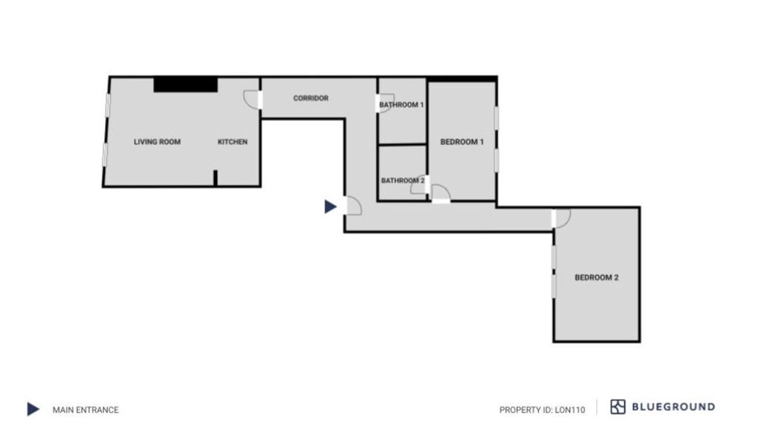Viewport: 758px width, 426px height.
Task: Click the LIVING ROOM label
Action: pos(157,142)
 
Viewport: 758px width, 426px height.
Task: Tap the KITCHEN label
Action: pos(232,142)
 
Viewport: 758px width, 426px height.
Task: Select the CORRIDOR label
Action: pos(311,98)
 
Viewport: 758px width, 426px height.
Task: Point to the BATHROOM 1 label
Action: pos(401,105)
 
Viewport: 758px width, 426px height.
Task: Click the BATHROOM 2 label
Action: pos(403,180)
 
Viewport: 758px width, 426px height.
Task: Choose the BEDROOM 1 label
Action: pos(462,142)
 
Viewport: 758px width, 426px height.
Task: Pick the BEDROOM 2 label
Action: pos(597,278)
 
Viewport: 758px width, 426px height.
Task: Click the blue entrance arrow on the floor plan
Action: pos(330,207)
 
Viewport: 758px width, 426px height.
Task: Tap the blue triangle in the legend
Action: pos(33,409)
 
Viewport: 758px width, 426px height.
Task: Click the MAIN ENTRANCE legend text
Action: pos(86,410)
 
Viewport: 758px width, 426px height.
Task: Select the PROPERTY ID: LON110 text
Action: pos(542,410)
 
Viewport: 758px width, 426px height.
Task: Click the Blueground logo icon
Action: pos(618,407)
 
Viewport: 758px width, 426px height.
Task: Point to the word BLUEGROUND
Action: pos(674,407)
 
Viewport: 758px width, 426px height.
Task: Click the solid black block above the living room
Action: pos(186,84)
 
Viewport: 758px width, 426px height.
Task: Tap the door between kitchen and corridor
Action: pos(252,100)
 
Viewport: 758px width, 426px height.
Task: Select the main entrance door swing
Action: pos(353,206)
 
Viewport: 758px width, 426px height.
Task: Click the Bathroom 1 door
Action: pos(385,104)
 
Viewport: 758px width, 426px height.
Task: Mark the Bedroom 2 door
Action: pos(562,218)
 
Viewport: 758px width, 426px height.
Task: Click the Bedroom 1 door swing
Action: pos(441,194)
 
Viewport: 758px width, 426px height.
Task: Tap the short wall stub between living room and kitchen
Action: pos(215,177)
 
